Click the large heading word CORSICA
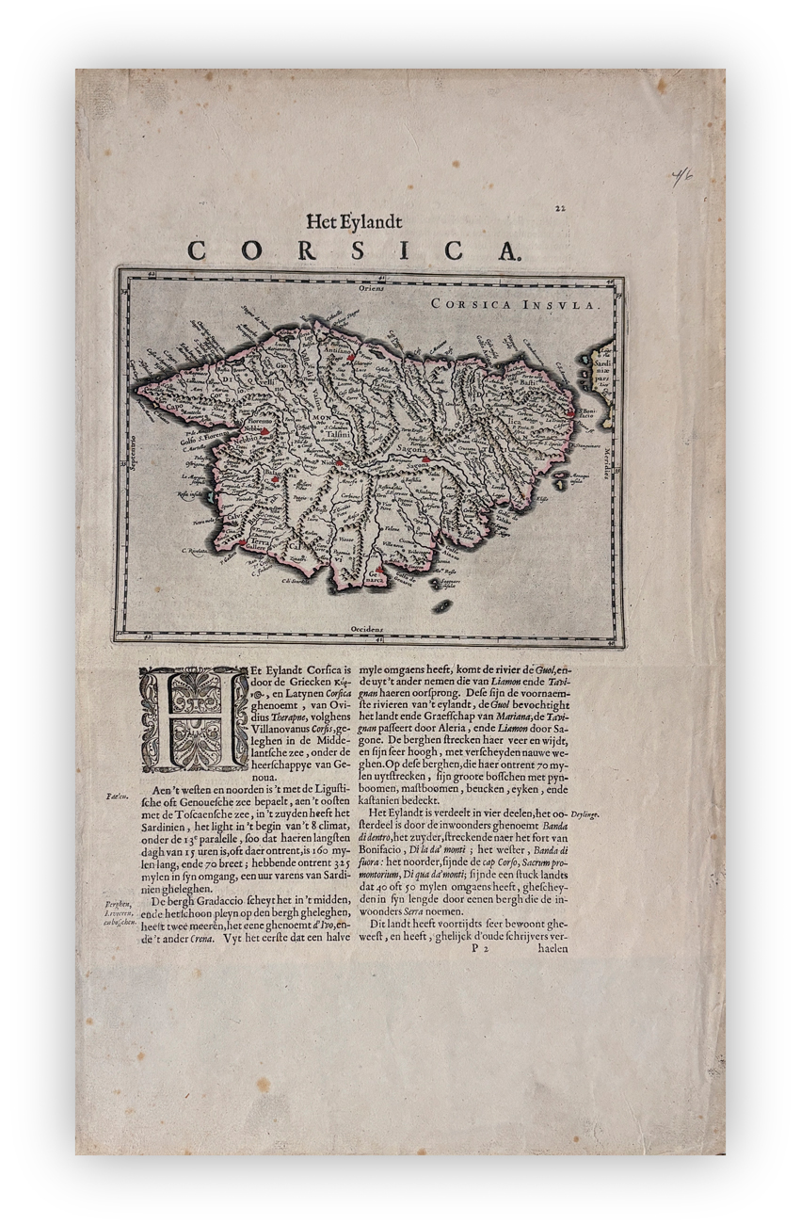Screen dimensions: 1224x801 (353, 251)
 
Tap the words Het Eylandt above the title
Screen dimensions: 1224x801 (354, 222)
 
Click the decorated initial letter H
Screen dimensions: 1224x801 (194, 719)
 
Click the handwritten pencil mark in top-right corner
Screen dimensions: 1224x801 (681, 176)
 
